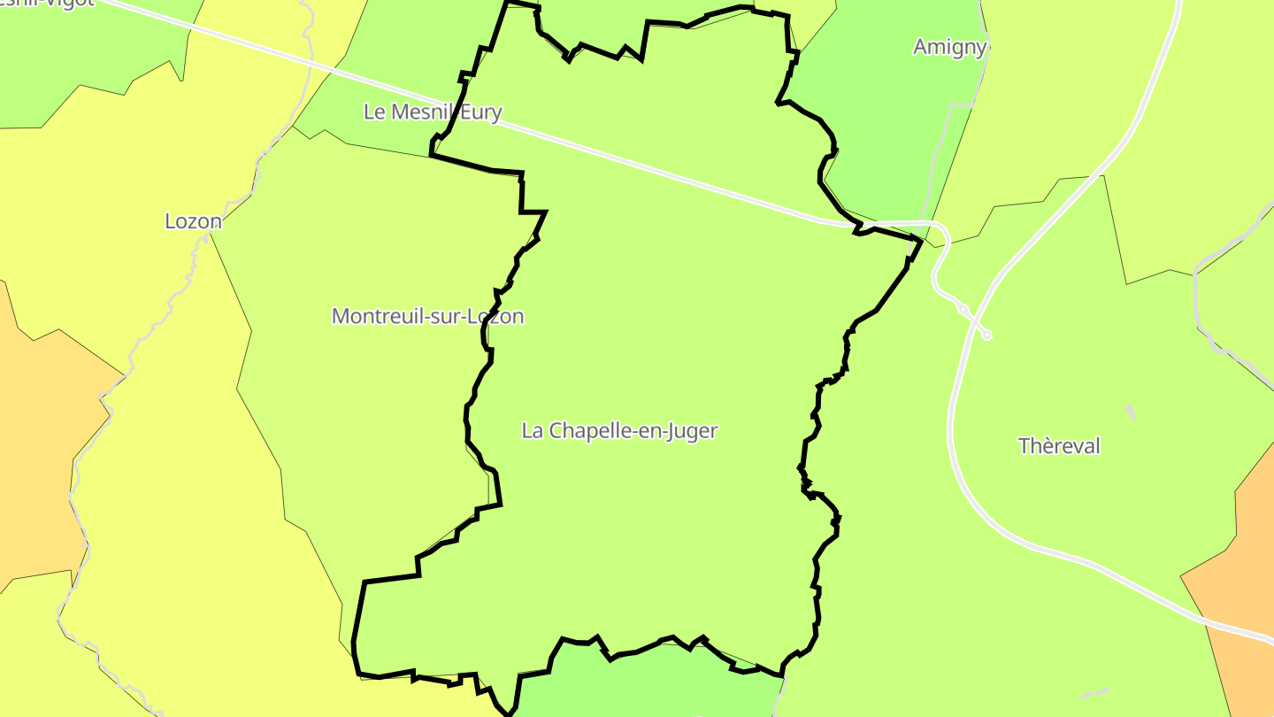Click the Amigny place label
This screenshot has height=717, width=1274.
(x=949, y=47)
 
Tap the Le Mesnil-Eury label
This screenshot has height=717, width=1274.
(x=433, y=112)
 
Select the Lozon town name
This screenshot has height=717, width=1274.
(x=193, y=221)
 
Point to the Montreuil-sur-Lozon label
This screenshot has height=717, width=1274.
(x=427, y=316)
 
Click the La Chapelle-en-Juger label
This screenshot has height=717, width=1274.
(x=619, y=431)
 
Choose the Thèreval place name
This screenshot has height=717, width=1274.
(x=1059, y=446)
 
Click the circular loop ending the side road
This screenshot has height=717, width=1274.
(x=986, y=335)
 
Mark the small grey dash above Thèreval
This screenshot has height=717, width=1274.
(x=1130, y=412)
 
